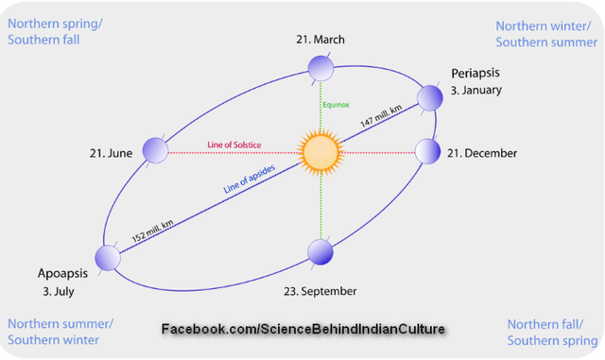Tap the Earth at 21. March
pyautogui.click(x=320, y=67)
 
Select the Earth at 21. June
pyautogui.click(x=155, y=149)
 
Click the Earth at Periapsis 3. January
pyautogui.click(x=430, y=96)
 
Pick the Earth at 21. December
pyautogui.click(x=428, y=150)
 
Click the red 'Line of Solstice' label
pyautogui.click(x=234, y=145)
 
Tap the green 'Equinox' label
pyautogui.click(x=337, y=105)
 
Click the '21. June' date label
pyautogui.click(x=111, y=152)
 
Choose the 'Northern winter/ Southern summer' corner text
pyautogui.click(x=546, y=34)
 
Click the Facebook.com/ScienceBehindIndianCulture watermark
pyautogui.click(x=302, y=330)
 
